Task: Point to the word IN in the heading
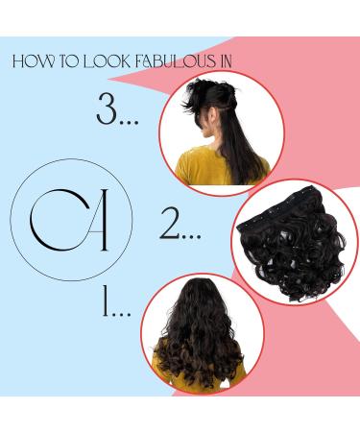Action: (x=231, y=63)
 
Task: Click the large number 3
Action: (x=106, y=110)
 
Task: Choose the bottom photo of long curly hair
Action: (x=202, y=331)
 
